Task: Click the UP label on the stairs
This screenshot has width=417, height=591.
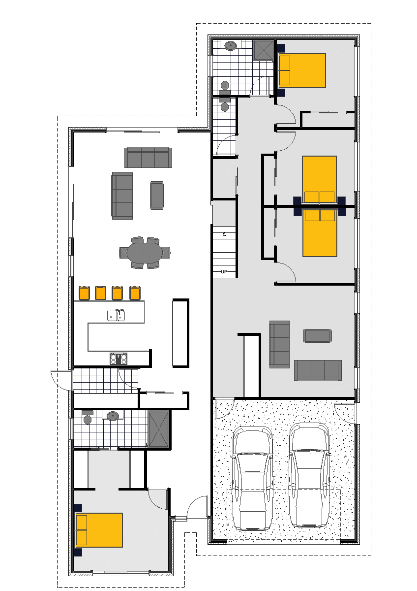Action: coord(224,272)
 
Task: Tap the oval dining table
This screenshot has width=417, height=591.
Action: coord(145,253)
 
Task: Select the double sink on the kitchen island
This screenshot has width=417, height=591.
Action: coord(116,315)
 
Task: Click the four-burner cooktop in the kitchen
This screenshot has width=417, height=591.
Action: coord(119,359)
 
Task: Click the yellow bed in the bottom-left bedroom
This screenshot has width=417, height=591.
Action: coord(98,530)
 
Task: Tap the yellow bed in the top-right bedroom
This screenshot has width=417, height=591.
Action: coord(302,70)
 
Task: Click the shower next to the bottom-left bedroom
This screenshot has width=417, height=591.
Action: coord(159,429)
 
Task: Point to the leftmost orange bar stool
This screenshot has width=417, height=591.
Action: coord(84,293)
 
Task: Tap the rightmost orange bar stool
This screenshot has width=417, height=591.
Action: coord(135,293)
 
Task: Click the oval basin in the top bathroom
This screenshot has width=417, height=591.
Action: coord(231,46)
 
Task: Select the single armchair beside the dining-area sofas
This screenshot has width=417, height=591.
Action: coord(156,195)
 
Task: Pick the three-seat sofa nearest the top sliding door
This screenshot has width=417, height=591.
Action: coord(148,157)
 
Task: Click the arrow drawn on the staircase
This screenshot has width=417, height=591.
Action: coord(224,235)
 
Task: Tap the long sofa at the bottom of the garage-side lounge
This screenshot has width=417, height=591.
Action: coord(318,370)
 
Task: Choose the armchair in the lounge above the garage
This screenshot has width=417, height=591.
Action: coord(318,336)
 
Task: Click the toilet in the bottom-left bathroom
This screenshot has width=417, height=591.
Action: coord(88,418)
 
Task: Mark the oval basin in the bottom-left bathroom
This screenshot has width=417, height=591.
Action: coord(113,416)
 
